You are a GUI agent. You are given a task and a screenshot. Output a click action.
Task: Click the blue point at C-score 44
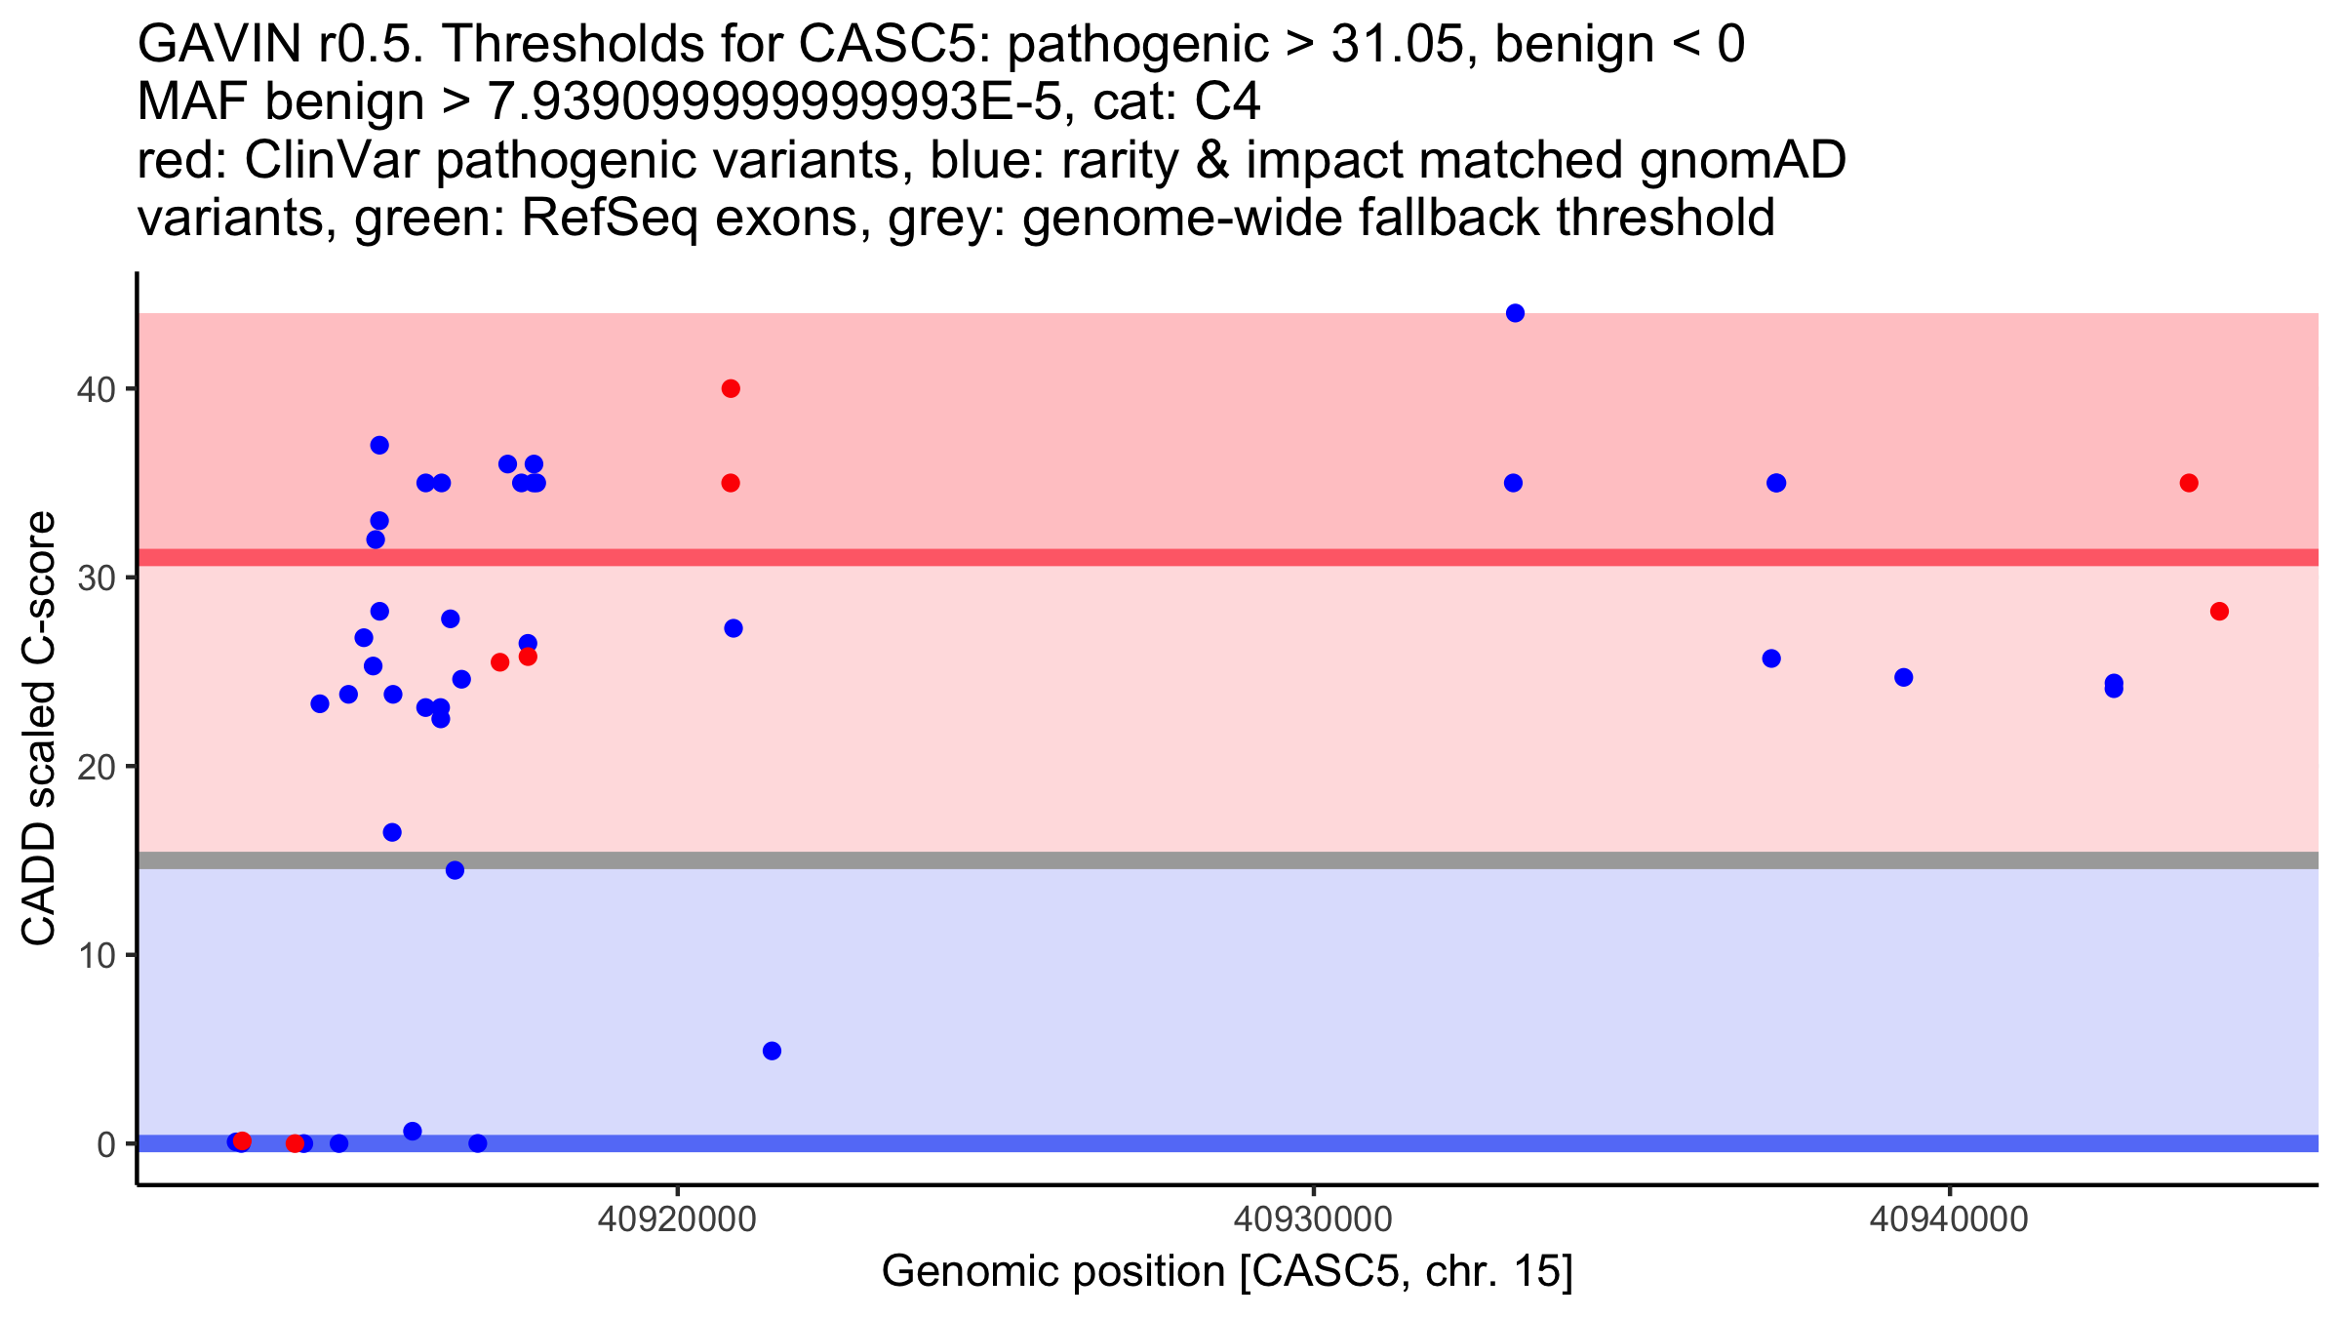click(1515, 313)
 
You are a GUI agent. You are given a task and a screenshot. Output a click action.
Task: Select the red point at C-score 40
click(731, 389)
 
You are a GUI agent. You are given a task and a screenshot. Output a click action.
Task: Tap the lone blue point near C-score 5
click(772, 1051)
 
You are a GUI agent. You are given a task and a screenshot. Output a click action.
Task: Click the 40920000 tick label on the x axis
click(677, 1219)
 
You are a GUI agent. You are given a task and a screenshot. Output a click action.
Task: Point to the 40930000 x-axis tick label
click(1313, 1219)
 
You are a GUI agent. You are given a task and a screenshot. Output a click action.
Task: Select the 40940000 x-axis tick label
click(1949, 1219)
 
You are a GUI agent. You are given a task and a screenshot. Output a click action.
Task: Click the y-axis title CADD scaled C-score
click(39, 729)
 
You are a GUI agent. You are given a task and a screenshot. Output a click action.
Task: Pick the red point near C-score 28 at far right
click(2219, 612)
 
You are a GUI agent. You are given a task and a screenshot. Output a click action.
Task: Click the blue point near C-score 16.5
click(392, 832)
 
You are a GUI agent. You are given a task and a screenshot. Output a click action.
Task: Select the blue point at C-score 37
click(379, 446)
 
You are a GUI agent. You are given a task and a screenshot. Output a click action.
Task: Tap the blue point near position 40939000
click(1903, 677)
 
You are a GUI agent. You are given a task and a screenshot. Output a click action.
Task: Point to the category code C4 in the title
click(1228, 102)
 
